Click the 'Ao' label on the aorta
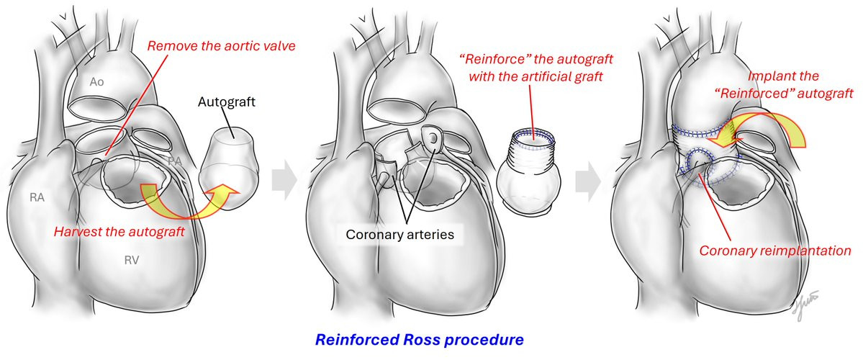coord(97,82)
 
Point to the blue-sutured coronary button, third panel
coord(698,163)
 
